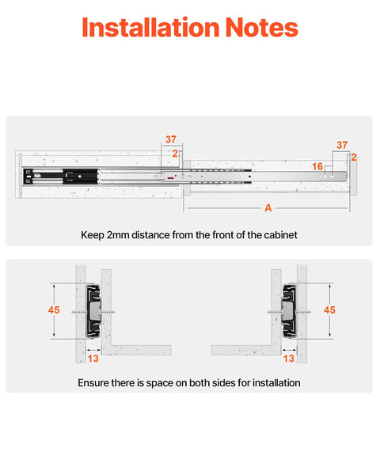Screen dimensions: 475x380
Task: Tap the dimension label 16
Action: pyautogui.click(x=317, y=167)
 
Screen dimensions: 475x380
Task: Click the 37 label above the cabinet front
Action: pyautogui.click(x=171, y=139)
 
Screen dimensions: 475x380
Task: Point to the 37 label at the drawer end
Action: pyautogui.click(x=342, y=145)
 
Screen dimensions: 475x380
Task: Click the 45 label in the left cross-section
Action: pyautogui.click(x=54, y=310)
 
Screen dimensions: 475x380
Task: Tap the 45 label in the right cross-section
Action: pyautogui.click(x=329, y=310)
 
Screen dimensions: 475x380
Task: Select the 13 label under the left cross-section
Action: pyautogui.click(x=93, y=358)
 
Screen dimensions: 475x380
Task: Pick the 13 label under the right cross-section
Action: pyautogui.click(x=289, y=358)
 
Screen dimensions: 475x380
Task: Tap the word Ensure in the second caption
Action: pyautogui.click(x=93, y=382)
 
